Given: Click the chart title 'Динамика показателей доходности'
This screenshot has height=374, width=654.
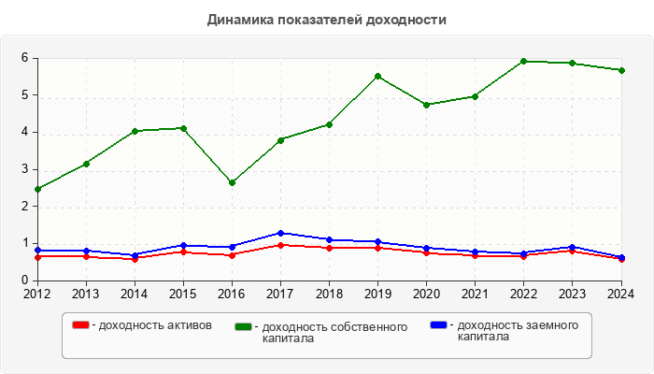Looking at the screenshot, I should (x=326, y=20).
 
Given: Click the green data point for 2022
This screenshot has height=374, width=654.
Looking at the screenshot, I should (x=523, y=61).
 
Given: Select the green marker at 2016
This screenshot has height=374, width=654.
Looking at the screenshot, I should (x=232, y=182).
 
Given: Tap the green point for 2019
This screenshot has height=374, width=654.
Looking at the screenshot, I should (x=377, y=76).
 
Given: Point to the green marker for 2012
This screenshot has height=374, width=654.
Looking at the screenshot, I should (x=37, y=189).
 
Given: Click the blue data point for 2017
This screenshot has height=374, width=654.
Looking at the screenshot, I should (x=280, y=233).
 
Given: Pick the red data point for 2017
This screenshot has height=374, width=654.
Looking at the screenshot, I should (x=280, y=245).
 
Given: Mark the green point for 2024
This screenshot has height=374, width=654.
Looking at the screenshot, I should (x=620, y=70).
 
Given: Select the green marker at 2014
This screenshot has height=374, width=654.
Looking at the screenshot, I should (x=135, y=131).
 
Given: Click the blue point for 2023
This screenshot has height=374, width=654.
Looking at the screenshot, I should (x=572, y=247).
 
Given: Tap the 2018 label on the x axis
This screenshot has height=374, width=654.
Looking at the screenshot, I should (x=329, y=294).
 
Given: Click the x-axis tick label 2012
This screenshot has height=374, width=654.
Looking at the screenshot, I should (x=37, y=294).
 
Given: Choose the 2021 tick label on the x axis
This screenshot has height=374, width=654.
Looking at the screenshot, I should (x=475, y=294).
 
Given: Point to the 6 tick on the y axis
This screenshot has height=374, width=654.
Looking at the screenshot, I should (x=25, y=58).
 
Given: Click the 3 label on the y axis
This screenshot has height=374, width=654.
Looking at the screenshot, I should (x=25, y=169).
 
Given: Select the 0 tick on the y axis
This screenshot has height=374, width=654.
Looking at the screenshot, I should (x=25, y=280).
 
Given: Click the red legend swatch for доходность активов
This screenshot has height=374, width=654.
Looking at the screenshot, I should (x=81, y=325).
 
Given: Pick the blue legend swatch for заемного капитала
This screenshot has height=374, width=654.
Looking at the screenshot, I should (x=438, y=325).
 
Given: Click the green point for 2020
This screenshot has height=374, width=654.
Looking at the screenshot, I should (x=426, y=105).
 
